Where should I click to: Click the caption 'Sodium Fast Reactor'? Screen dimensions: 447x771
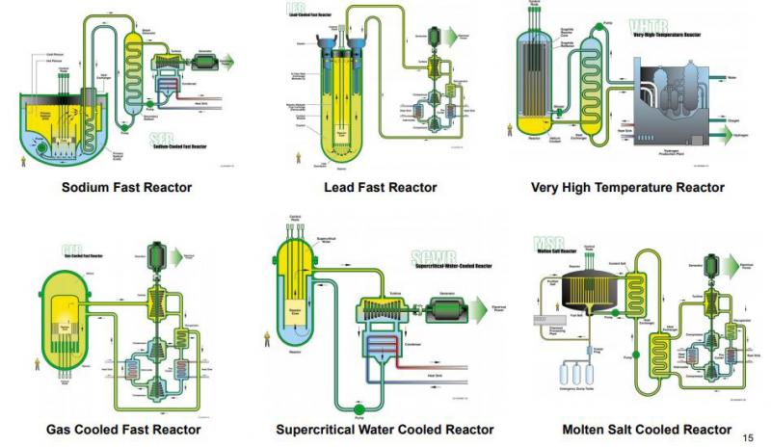click(x=127, y=187)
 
